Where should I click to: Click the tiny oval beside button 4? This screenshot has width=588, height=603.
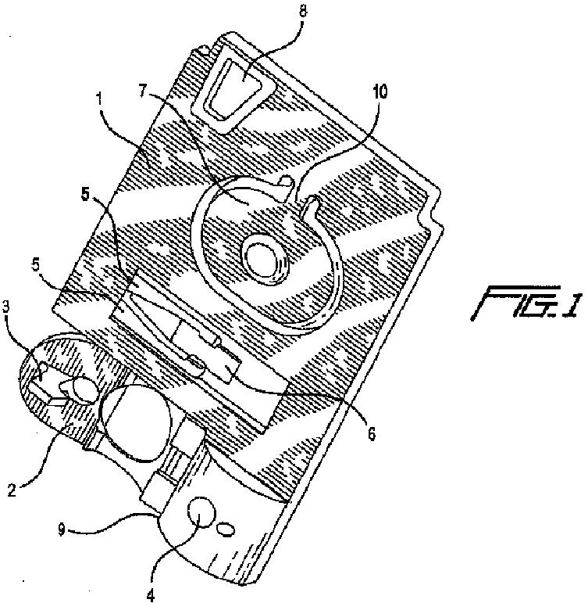224,529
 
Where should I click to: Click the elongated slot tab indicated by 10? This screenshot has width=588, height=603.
312,210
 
